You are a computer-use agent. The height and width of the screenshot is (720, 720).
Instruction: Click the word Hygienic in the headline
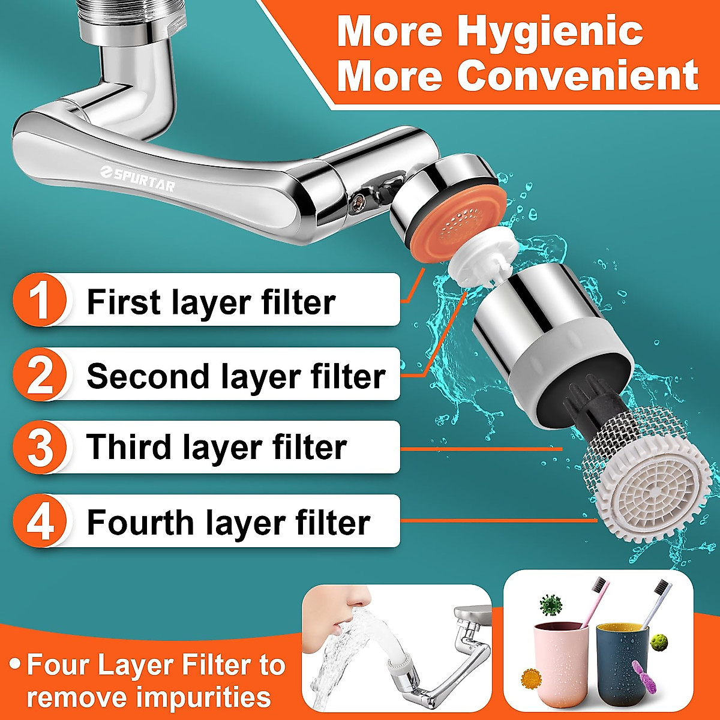[553, 31]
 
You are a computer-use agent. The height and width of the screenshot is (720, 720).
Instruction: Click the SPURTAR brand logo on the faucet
[138, 178]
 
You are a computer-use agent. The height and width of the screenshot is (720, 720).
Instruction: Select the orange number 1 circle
[40, 300]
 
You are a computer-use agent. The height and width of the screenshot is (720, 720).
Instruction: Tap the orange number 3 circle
[40, 448]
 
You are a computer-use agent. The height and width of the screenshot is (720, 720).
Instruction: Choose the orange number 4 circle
[40, 521]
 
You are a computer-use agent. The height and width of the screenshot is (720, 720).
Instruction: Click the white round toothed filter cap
[650, 492]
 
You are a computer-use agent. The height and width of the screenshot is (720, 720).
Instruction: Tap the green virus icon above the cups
[550, 605]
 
